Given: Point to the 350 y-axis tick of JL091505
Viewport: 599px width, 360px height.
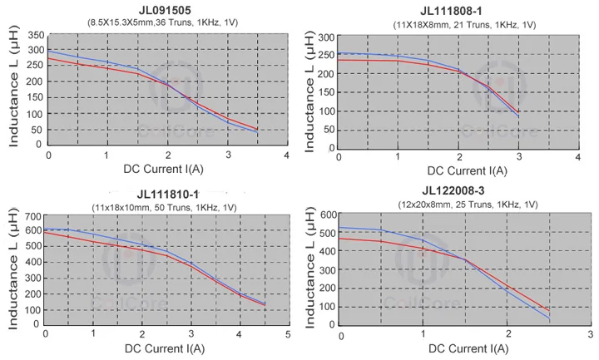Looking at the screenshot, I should [35, 36].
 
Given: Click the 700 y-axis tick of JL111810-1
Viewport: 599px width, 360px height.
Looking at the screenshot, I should [32, 218].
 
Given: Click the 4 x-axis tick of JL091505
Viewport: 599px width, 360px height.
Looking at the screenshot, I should [287, 155].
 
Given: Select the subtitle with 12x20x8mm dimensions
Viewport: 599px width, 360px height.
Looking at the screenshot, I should [463, 204].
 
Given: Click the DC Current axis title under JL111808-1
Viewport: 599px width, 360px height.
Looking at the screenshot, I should [460, 171].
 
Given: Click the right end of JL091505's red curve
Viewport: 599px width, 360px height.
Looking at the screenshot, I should [257, 129].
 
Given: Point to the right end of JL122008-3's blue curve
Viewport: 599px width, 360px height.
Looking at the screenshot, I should [550, 318].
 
